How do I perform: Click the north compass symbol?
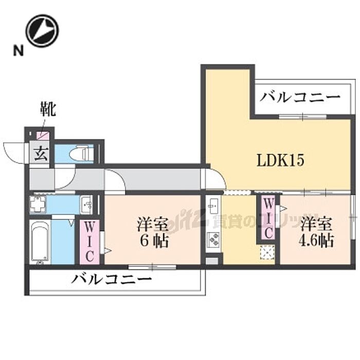pyautogui.click(x=42, y=30)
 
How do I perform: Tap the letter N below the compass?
pyautogui.click(x=19, y=50)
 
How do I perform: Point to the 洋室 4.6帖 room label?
pyautogui.click(x=317, y=232)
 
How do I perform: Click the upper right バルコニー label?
pyautogui.click(x=300, y=97)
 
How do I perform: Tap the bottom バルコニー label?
pyautogui.click(x=112, y=280)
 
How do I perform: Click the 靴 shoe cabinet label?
pyautogui.click(x=48, y=110)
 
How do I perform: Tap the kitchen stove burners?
pyautogui.click(x=213, y=239)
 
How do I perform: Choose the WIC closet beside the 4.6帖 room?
pyautogui.click(x=268, y=218)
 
